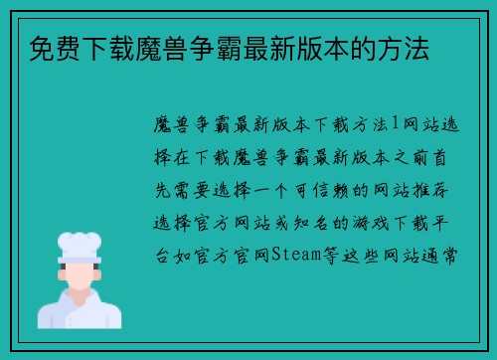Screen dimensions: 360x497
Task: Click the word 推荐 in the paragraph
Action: (443, 190)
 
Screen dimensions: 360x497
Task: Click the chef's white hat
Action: (80, 244)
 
